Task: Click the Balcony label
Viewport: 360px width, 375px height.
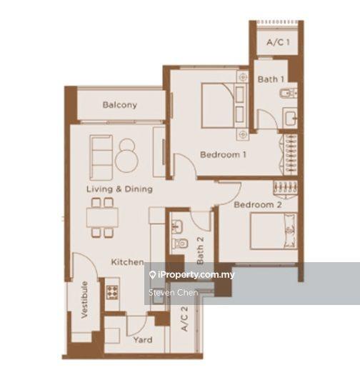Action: [119, 105]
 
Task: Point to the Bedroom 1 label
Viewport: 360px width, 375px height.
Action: [223, 154]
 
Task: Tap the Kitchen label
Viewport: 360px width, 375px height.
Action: [127, 262]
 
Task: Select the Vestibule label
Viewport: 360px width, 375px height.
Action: [84, 299]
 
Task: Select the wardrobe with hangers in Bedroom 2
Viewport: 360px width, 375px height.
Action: [285, 186]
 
